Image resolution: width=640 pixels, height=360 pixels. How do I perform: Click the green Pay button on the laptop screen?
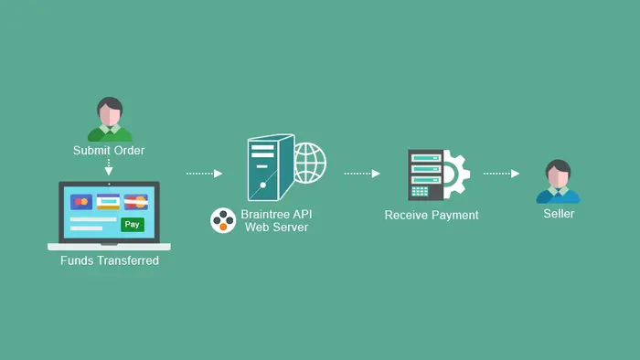coord(133,224)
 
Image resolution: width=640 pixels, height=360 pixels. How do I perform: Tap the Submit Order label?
coord(109,151)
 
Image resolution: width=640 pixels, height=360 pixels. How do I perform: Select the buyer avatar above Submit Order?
coord(110,119)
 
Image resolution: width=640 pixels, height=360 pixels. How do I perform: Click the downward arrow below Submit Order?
coord(109,168)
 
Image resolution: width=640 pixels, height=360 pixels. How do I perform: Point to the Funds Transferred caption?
coord(109,261)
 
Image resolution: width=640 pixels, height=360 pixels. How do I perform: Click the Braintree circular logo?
coord(224,220)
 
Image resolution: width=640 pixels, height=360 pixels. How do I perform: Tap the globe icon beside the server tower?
coord(310,162)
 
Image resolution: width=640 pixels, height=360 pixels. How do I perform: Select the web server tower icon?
coord(270,167)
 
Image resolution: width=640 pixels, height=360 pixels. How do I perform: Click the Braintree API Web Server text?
coord(276,220)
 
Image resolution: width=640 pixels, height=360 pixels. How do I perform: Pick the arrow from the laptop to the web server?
coord(204,173)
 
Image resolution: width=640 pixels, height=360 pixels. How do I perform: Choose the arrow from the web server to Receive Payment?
coord(362,173)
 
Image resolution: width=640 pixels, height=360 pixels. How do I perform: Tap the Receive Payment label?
coord(432,216)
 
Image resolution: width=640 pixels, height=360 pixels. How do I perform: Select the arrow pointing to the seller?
coord(501,173)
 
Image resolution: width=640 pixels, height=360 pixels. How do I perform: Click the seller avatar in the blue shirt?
coord(558,182)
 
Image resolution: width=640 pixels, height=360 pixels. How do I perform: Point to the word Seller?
coord(559,214)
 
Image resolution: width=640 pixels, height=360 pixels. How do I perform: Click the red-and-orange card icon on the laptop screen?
coord(81,201)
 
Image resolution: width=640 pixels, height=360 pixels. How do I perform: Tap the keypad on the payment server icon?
coord(421,191)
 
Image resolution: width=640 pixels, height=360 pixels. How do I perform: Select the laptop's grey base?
coord(109,246)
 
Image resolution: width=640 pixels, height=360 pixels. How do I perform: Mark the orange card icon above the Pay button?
coord(136,201)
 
